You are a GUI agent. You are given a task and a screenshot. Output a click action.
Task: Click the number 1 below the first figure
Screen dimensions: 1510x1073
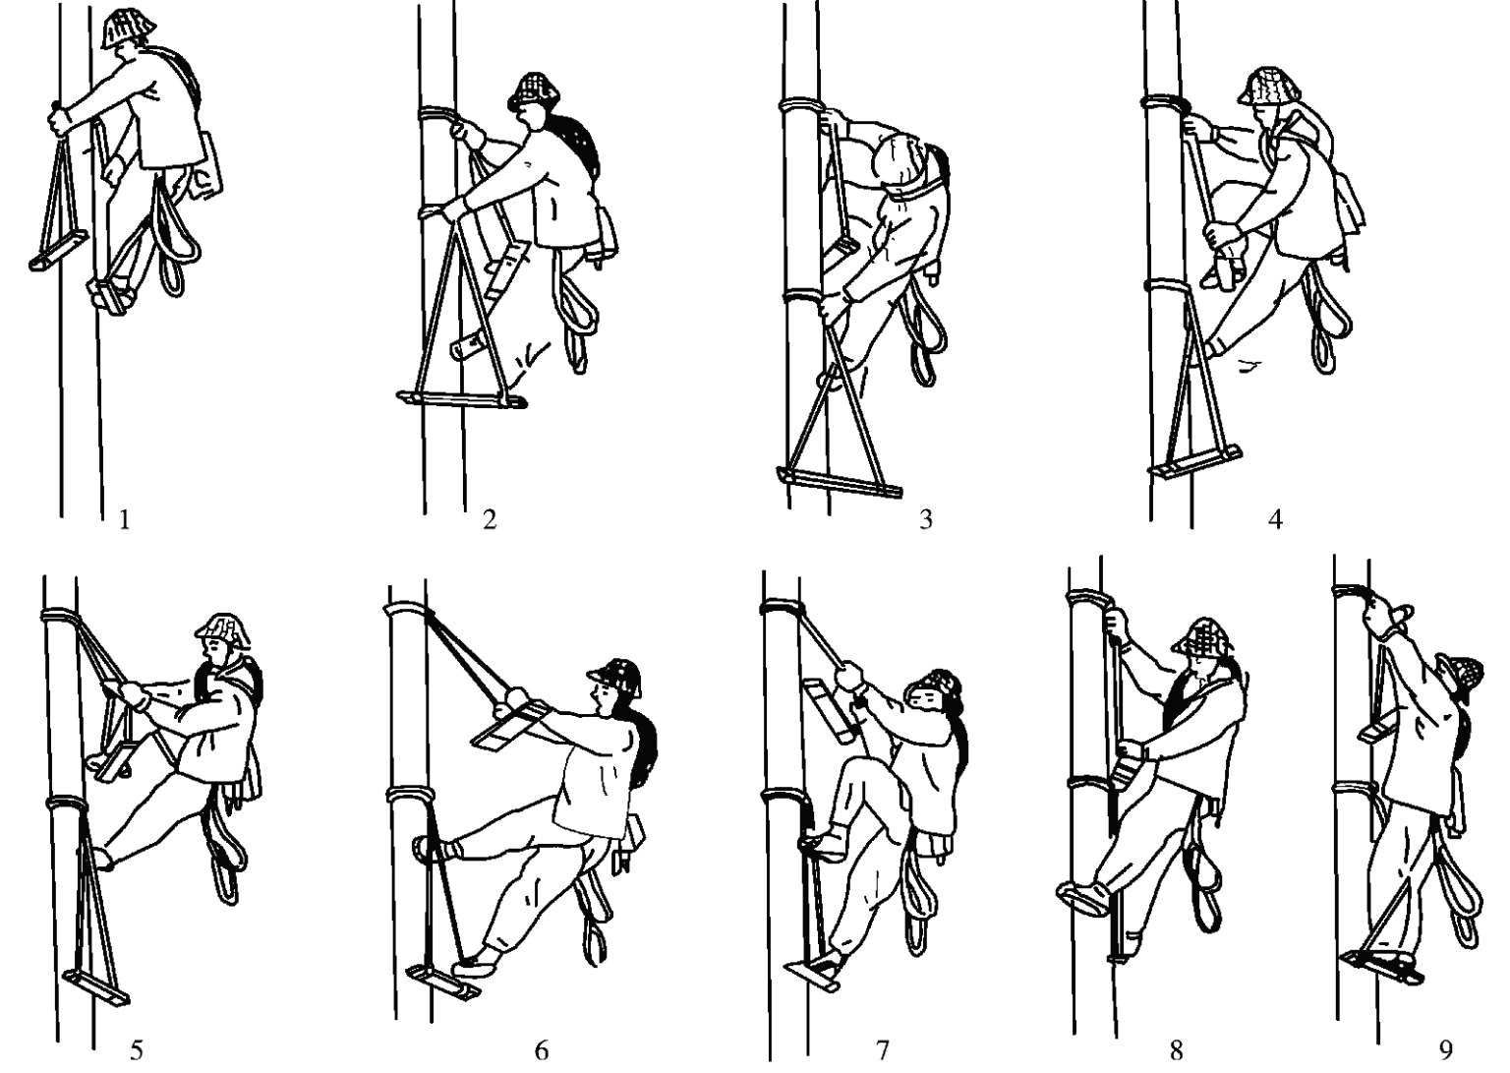[x=124, y=520]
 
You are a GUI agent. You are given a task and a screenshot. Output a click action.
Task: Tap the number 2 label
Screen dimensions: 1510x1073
[x=490, y=519]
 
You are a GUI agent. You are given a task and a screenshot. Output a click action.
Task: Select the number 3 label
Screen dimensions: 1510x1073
[x=925, y=519]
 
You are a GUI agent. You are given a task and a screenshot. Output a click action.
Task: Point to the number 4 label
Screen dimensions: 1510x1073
[x=1275, y=519]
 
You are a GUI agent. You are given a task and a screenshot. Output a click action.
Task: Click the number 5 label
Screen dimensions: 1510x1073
[x=136, y=1050]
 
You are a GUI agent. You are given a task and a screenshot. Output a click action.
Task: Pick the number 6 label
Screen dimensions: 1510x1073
[x=542, y=1050]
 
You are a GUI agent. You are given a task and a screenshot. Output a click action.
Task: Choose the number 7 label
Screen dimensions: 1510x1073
[x=883, y=1050]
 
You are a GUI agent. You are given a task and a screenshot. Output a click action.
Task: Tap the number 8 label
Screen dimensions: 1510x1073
[x=1176, y=1050]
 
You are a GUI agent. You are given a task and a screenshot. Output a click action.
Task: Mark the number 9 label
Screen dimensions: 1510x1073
[x=1445, y=1050]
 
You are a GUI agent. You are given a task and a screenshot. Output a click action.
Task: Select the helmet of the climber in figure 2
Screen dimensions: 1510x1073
[x=534, y=89]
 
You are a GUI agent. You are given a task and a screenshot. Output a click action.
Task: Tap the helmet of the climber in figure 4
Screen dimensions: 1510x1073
[x=1266, y=86]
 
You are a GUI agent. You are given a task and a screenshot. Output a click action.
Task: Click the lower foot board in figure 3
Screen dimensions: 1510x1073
[x=839, y=482]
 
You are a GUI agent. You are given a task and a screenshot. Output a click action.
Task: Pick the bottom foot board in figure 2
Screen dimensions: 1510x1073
[x=462, y=399]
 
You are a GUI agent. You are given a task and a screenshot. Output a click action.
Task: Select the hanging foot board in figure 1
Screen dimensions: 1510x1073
[x=59, y=250]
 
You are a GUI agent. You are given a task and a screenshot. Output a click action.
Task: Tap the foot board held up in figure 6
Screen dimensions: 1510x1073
[x=510, y=724]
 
